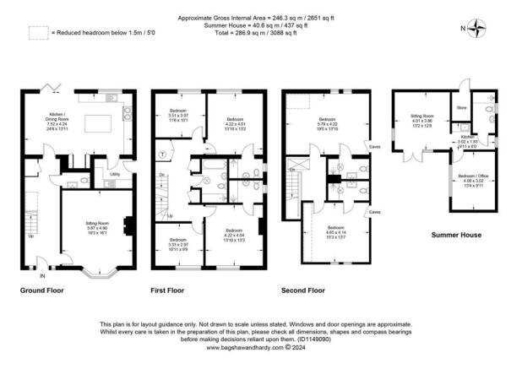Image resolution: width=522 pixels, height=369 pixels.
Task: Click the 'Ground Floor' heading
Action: point(42,290)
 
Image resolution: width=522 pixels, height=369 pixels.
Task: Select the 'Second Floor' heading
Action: point(303,290)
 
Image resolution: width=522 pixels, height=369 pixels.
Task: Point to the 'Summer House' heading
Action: point(456,233)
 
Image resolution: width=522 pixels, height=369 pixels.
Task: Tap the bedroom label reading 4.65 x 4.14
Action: point(336,231)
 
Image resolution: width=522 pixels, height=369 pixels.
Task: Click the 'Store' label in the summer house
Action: point(460,108)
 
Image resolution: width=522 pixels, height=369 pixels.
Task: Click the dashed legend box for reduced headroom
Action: point(37,33)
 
